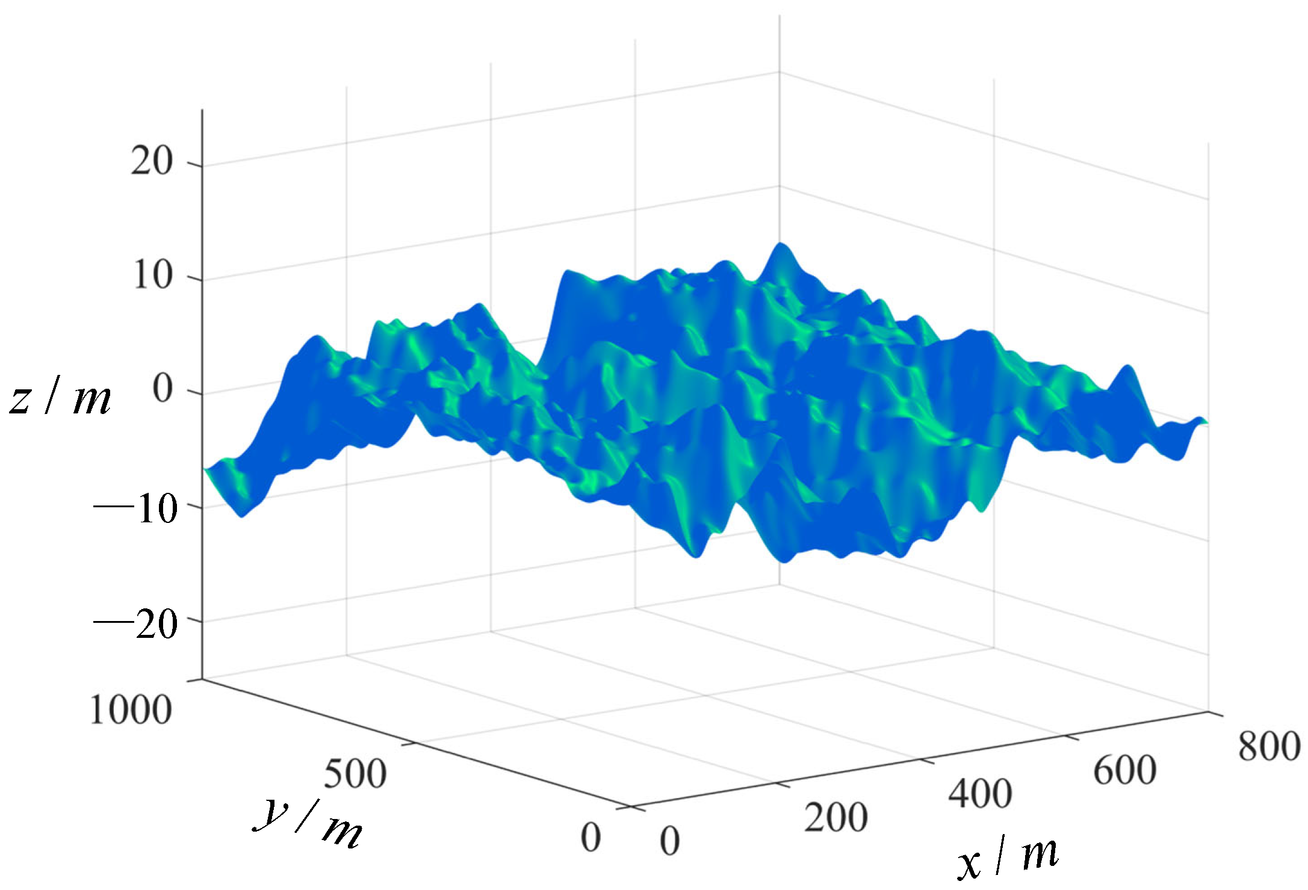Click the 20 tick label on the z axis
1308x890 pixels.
(152, 162)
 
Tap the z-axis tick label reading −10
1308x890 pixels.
(136, 510)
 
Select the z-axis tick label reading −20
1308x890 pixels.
(136, 624)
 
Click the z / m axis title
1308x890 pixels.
(60, 399)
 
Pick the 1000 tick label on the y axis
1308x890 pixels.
(131, 711)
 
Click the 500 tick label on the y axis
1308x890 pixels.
(355, 774)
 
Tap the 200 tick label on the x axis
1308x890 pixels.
(836, 818)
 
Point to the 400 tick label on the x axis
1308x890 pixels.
(980, 794)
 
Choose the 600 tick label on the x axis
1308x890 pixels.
(1124, 770)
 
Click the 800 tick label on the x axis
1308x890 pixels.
(1269, 747)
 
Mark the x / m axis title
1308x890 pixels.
(1008, 858)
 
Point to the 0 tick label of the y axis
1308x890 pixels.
(590, 837)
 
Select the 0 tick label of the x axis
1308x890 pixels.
(670, 841)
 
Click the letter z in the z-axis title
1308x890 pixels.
(21, 400)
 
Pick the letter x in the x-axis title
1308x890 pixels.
(970, 865)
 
